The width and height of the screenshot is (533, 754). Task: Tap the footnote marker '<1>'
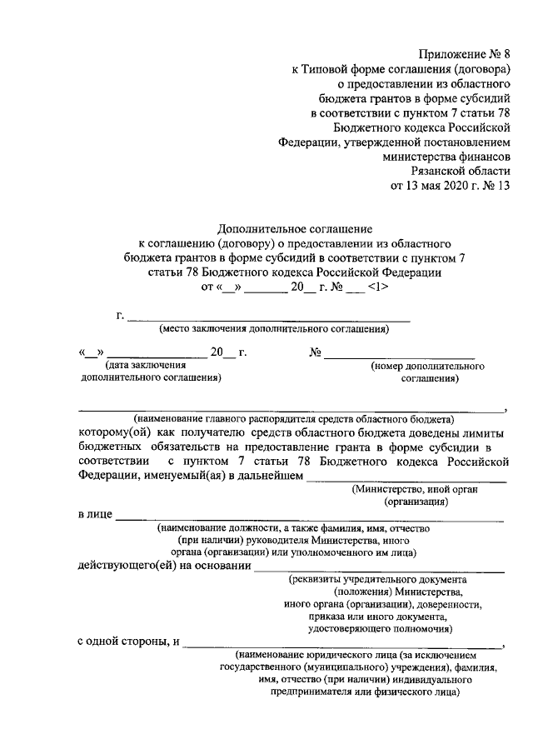376,287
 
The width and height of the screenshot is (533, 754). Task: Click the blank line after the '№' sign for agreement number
399,353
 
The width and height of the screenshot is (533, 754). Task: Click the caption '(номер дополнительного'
428,365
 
